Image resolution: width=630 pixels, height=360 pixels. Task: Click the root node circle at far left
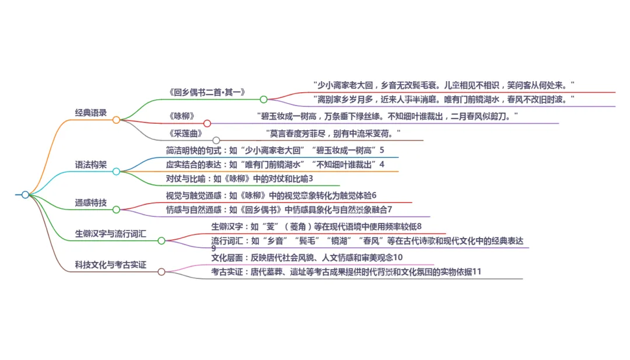25,195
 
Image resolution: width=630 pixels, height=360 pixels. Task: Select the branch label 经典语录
91,113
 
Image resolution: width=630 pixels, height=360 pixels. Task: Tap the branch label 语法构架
91,165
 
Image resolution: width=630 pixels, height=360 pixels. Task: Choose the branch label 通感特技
91,202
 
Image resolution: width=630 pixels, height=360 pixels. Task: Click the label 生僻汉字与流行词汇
111,233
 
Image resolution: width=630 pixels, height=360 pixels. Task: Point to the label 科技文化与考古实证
111,265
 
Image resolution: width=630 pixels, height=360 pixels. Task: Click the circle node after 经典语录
116,120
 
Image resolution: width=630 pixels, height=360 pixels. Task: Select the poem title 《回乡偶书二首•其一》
206,92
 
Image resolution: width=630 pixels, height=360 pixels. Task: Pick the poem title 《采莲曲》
185,133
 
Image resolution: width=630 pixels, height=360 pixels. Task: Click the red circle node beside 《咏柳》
207,123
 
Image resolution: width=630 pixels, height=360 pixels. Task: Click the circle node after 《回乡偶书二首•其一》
264,99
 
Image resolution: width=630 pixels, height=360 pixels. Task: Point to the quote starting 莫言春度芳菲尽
333,133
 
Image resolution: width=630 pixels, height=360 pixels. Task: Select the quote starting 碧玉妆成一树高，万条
388,116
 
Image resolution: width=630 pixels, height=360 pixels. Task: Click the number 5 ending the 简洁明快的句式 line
382,151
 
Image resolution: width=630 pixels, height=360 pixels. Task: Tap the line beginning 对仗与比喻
240,178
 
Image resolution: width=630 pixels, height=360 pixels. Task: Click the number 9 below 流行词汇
213,249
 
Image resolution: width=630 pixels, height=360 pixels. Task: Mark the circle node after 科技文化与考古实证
162,271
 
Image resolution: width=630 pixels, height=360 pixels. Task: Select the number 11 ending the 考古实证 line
477,271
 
